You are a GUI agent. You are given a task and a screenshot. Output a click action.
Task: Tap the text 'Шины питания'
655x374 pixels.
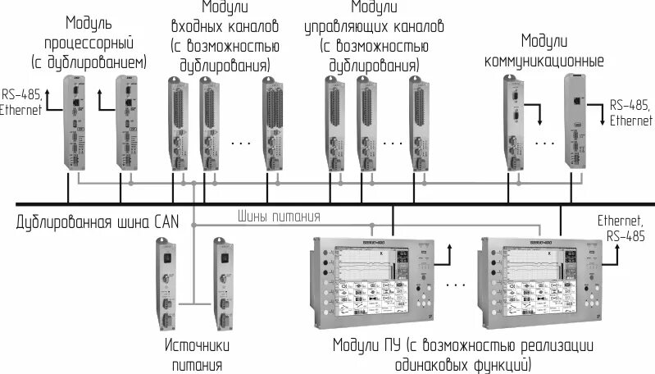[x=279, y=217]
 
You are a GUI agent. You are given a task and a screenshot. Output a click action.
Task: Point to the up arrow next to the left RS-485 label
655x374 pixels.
[x=48, y=100]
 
